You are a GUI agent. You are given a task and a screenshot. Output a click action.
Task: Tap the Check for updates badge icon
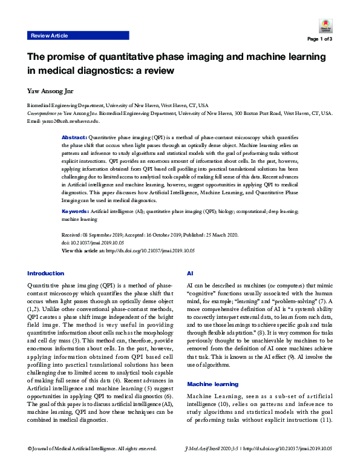point(326,26)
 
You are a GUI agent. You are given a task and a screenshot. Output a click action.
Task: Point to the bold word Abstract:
point(75,138)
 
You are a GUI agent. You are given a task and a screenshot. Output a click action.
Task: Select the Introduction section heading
point(45,273)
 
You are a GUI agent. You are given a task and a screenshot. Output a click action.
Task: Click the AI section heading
point(190,273)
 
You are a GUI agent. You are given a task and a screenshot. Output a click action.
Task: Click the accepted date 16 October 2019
point(169,235)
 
